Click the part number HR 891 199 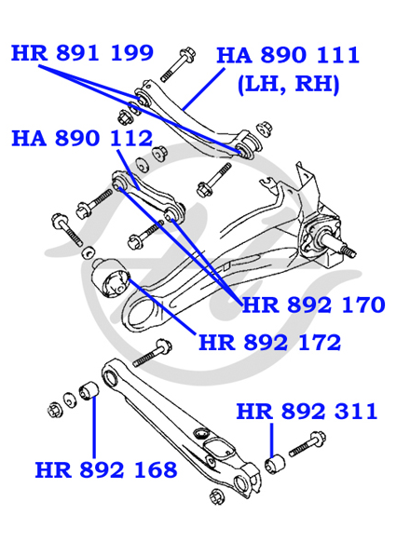tap(82, 53)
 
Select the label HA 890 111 tap(288, 55)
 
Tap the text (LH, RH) tap(288, 85)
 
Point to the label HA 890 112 tap(82, 138)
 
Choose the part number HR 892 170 tap(313, 305)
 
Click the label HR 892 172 tap(270, 343)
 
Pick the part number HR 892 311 tap(307, 412)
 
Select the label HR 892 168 tap(106, 469)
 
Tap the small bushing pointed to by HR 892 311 tap(275, 465)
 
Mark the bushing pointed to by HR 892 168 tap(89, 391)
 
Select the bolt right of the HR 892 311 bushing tap(307, 443)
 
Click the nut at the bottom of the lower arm tap(216, 495)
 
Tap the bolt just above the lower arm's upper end tap(153, 352)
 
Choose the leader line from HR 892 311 tap(272, 440)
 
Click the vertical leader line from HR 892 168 tap(94, 427)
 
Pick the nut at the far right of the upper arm tap(264, 129)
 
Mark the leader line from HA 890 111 tap(203, 88)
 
